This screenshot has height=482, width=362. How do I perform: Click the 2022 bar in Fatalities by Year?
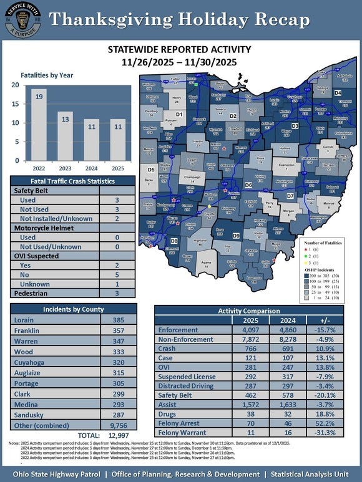point(38,124)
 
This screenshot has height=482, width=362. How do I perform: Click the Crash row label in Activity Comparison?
point(167,350)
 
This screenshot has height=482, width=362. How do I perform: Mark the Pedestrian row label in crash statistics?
point(32,292)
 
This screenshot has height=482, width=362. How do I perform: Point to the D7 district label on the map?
point(290,197)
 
